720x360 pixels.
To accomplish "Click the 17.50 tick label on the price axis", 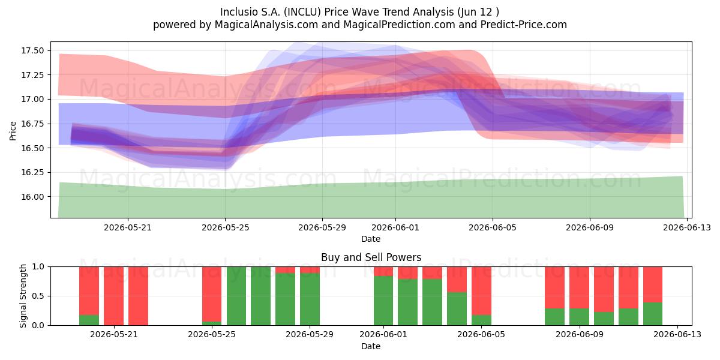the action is point(32,51).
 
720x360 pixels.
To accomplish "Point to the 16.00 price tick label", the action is point(32,197).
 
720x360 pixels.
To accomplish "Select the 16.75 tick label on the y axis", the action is point(32,124).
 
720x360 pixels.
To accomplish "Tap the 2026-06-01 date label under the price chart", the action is point(395,227).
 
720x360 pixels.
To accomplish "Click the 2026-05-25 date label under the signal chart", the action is point(212,334).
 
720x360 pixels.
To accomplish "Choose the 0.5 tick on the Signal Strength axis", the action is point(38,296).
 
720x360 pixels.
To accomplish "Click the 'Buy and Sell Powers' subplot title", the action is point(371,257).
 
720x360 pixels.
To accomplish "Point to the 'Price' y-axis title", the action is point(13,131).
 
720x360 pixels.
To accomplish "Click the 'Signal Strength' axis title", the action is point(23,296).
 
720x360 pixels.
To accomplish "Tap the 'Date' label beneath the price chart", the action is point(371,239).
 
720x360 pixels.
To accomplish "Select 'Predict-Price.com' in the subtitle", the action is point(524,25).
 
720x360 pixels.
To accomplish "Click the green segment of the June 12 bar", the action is point(653,314).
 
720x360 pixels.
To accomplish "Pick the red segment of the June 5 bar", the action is point(481,291).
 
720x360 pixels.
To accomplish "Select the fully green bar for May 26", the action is point(236,296).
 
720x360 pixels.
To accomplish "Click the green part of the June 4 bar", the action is point(457,308).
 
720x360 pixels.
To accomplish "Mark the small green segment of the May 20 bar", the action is point(89,320).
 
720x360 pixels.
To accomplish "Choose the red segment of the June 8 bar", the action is point(554,287).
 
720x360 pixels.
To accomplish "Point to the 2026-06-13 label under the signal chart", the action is point(677,334).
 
